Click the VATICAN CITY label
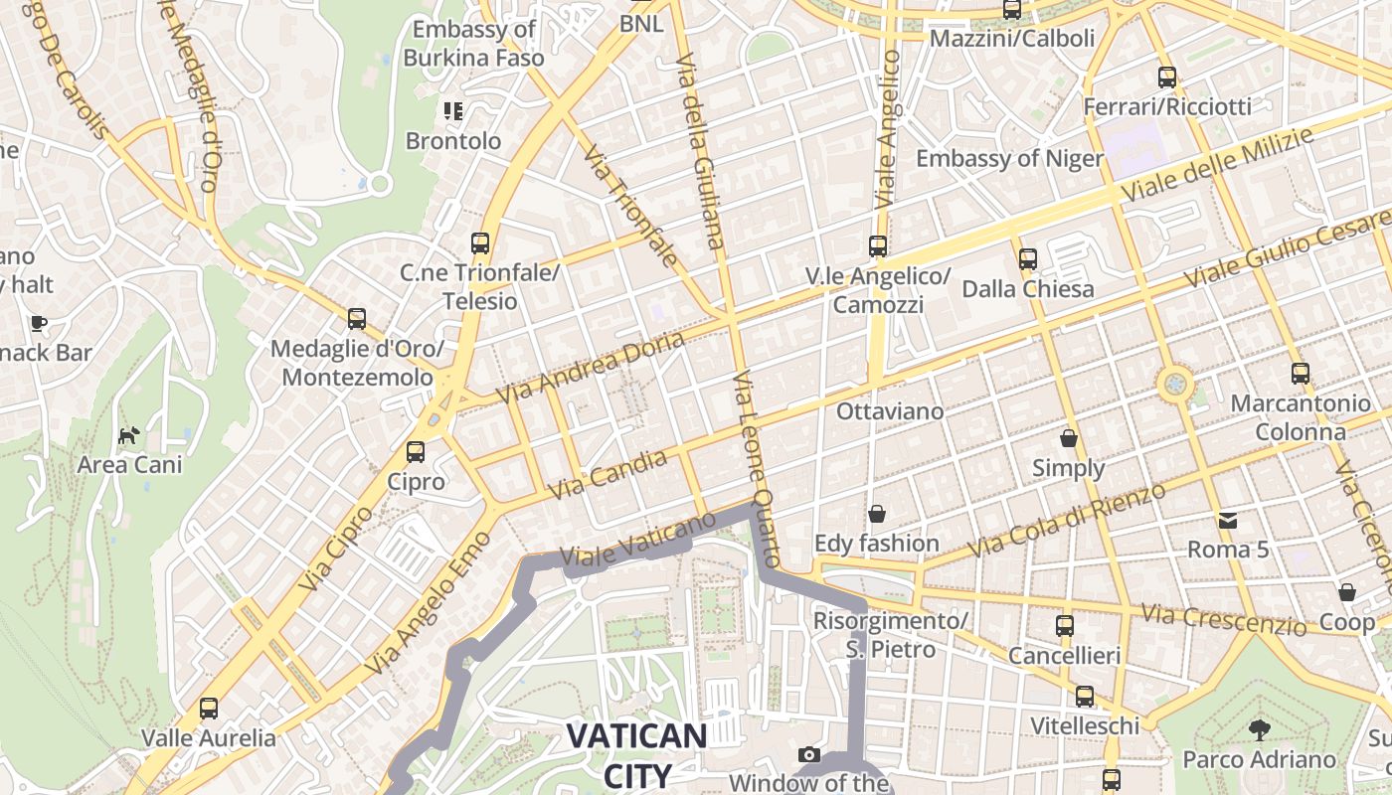(636, 754)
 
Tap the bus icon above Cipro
(416, 452)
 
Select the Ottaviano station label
(890, 410)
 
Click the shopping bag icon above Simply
(1069, 437)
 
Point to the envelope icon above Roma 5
(1228, 520)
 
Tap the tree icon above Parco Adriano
(1259, 730)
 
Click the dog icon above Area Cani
(129, 434)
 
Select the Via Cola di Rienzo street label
(1069, 522)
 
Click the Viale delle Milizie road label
(1218, 165)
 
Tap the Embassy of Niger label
(1009, 159)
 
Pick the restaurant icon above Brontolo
(453, 110)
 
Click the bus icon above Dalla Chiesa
(1027, 259)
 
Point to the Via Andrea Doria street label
(591, 368)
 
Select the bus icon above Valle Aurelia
(209, 709)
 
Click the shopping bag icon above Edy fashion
(876, 513)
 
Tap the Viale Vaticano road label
(637, 541)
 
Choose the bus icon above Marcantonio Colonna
(1301, 374)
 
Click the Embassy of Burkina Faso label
(474, 44)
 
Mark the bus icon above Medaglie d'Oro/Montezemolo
(357, 319)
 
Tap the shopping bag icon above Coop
(1347, 592)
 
